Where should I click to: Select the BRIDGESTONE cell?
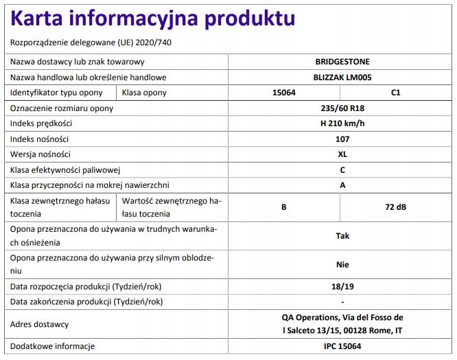342,62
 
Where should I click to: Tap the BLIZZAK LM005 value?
342,77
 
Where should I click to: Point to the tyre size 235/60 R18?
342,108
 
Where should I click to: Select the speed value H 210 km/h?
342,123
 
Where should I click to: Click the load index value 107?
342,139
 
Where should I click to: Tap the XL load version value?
342,154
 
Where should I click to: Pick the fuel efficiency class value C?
342,169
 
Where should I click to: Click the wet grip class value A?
342,185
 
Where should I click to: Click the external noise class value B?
283,206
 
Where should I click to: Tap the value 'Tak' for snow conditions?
342,235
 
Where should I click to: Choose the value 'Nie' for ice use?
342,264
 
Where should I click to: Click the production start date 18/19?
342,287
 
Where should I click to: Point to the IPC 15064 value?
342,346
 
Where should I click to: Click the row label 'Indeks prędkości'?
41,123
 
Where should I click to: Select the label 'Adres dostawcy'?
39,324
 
